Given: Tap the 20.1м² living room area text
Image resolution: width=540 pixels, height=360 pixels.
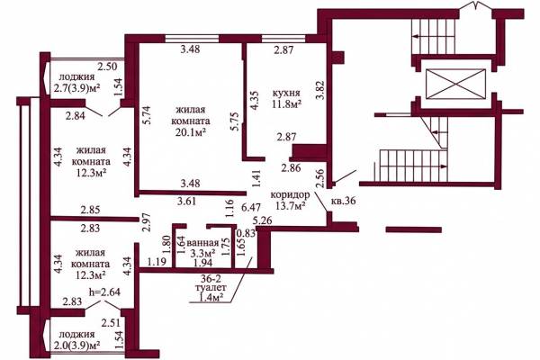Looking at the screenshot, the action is (191, 132).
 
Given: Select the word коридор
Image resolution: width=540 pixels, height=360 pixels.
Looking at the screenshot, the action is (290, 195).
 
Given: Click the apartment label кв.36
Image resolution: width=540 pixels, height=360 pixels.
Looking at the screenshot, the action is (343, 201).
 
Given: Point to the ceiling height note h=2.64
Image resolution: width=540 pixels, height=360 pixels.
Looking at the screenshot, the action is (104, 292).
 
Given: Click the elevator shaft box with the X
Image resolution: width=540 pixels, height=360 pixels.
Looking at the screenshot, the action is (455, 84).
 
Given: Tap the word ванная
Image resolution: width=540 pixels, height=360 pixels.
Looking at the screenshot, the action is (202, 243).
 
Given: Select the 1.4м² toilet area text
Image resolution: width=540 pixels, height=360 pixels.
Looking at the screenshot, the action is (210, 295).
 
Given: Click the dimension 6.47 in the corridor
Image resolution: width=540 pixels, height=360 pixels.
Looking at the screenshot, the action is (251, 207).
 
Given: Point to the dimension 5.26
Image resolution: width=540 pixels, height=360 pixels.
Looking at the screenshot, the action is (263, 220).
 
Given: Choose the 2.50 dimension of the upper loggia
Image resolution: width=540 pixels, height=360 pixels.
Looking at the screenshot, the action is (107, 66).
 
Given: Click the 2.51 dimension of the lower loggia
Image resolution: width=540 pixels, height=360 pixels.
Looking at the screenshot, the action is (111, 323).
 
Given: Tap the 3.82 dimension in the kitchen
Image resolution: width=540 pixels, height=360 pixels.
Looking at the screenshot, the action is (320, 90).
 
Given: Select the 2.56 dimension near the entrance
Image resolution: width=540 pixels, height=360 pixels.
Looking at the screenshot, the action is (320, 178).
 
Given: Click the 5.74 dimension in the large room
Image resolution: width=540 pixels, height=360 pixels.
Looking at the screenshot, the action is (147, 117).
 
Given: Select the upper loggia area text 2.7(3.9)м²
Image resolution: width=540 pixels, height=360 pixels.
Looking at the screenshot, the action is (76, 88).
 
